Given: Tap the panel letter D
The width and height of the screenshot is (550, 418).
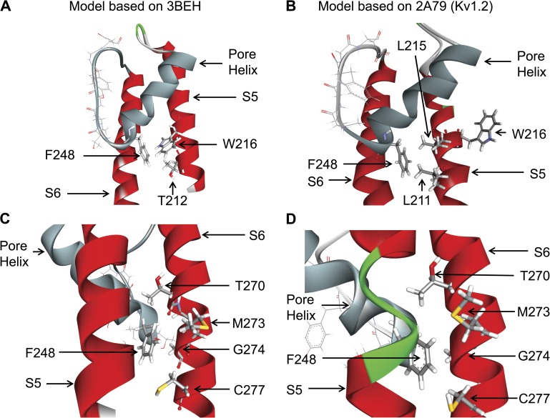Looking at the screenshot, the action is point(291,219).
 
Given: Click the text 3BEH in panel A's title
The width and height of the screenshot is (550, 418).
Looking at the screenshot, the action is point(182,6).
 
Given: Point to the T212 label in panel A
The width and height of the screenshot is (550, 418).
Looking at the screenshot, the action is point(172,200).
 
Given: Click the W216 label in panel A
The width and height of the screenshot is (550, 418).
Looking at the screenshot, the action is point(240,144).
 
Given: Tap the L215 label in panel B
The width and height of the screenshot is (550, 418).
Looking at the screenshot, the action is point(411,46).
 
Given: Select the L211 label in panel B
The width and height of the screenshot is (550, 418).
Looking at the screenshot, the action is point(417,200).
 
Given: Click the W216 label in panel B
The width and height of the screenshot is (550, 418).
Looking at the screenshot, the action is point(529,134).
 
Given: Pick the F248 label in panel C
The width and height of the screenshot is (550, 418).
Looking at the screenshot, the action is point(40,352).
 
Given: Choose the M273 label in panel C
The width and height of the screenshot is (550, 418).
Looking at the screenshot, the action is point(248,323).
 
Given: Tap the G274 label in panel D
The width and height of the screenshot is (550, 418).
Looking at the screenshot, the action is point(534,357).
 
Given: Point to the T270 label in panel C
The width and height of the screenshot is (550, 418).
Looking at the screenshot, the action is point(250,287).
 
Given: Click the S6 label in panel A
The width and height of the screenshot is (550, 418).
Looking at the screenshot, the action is point(53,193).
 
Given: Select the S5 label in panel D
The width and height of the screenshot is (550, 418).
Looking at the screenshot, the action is point(295,389).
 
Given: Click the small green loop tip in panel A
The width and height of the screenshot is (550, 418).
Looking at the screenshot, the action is point(140,29).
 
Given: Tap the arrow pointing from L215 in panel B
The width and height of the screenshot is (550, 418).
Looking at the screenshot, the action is point(422,94).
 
